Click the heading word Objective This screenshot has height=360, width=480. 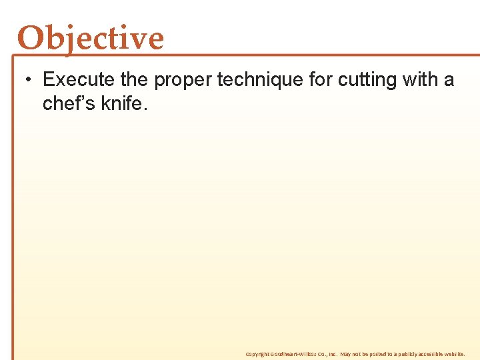pos(91,39)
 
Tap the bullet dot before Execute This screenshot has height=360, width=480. pos(27,81)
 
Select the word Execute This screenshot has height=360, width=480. pos(79,80)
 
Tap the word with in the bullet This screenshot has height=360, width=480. pos(418,80)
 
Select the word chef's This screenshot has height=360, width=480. pos(70,103)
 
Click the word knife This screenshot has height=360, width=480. pos(123,103)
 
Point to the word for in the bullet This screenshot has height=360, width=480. pos(321,80)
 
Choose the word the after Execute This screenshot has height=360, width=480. pos(135,80)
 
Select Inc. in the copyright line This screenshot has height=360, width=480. pos(331,354)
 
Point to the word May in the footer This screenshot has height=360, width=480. pos(345,354)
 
